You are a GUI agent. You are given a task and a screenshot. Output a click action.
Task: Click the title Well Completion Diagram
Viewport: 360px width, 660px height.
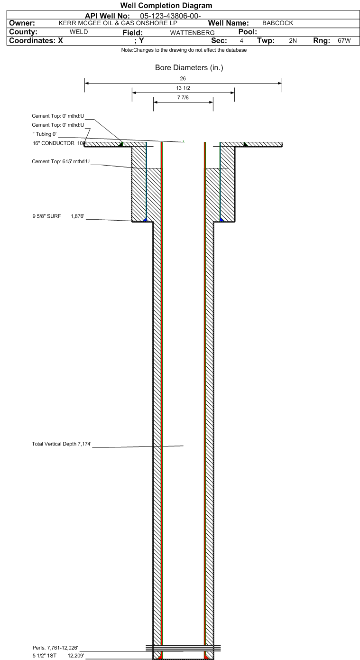(166, 6)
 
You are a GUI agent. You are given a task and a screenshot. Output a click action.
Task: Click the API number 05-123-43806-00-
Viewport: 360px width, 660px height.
(170, 16)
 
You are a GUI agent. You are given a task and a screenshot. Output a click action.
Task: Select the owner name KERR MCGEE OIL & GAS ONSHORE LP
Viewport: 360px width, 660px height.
(118, 23)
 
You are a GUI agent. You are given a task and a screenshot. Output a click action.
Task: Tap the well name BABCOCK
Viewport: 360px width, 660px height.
(278, 23)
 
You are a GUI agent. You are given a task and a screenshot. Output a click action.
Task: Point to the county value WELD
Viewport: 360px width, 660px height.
(79, 32)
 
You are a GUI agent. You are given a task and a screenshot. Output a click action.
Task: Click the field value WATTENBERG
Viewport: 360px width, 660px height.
(192, 33)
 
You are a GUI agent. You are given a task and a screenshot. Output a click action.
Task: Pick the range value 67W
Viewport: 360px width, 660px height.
(344, 41)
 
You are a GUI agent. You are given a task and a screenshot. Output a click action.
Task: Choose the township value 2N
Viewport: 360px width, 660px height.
(293, 41)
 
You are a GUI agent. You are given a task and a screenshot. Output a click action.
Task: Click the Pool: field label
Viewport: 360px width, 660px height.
(248, 32)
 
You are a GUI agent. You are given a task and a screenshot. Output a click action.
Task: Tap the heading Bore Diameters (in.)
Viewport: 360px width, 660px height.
(189, 67)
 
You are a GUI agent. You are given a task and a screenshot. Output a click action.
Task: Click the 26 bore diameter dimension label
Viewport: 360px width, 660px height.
(183, 78)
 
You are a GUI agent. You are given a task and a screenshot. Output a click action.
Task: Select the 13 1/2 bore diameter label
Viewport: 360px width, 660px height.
(183, 88)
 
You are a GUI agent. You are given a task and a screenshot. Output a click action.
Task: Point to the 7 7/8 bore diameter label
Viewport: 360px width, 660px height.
(183, 97)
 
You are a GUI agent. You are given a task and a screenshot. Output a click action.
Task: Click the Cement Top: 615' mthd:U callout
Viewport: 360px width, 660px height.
(61, 161)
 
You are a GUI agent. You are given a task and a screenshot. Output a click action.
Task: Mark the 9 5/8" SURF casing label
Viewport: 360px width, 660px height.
(46, 216)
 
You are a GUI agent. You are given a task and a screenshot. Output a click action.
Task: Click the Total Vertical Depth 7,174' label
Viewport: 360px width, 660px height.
(62, 444)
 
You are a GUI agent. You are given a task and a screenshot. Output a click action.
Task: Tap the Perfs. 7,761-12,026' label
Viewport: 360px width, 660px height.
(55, 648)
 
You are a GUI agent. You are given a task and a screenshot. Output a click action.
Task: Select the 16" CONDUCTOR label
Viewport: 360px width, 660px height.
(54, 143)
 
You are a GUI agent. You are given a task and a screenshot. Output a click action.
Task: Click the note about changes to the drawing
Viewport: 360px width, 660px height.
(184, 50)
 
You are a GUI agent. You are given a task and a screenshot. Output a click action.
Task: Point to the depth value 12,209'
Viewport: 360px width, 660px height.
(76, 656)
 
